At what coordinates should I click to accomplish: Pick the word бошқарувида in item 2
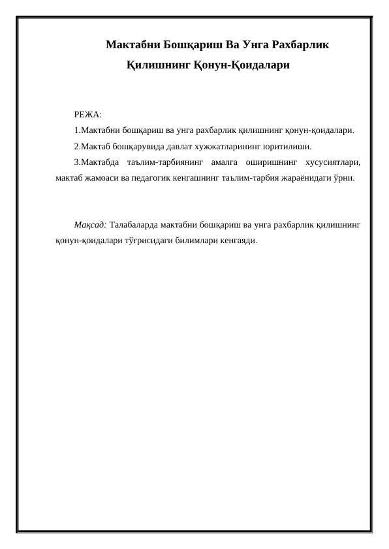coord(136,145)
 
